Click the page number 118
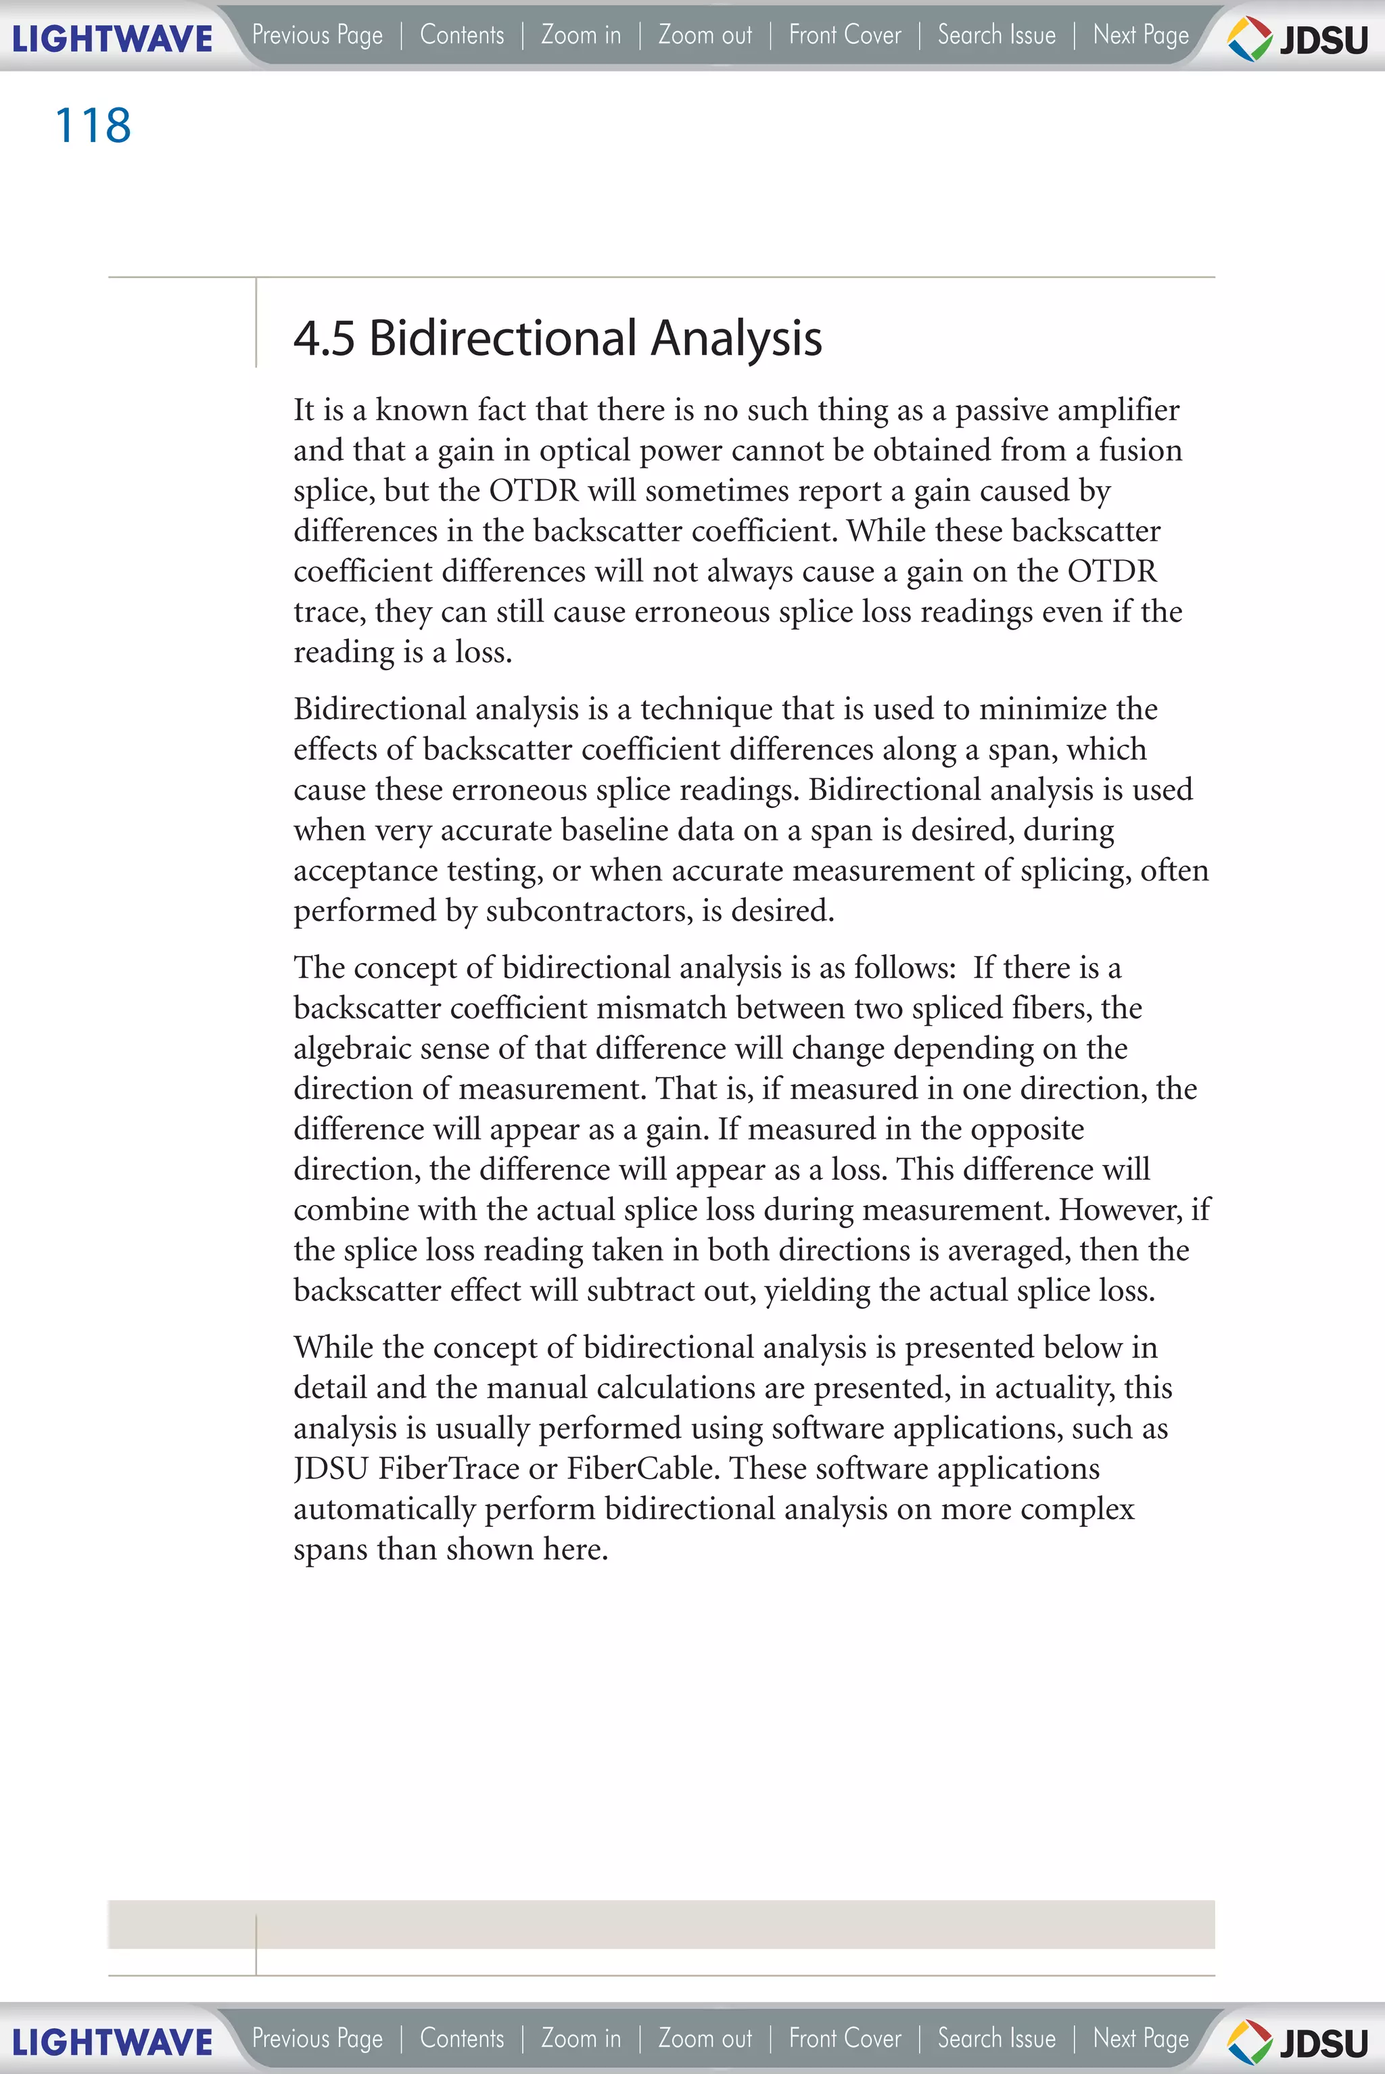pyautogui.click(x=93, y=125)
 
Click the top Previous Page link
pyautogui.click(x=317, y=35)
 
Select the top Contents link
pyautogui.click(x=462, y=35)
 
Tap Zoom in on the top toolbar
pyautogui.click(x=581, y=35)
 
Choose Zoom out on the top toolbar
pyautogui.click(x=705, y=35)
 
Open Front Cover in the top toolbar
pyautogui.click(x=845, y=35)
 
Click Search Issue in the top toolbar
pyautogui.click(x=996, y=35)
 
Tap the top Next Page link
pyautogui.click(x=1140, y=35)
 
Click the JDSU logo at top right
pyautogui.click(x=1298, y=39)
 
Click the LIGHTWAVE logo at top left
pyautogui.click(x=112, y=39)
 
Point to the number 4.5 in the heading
pyautogui.click(x=323, y=338)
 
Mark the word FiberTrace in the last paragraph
pyautogui.click(x=449, y=1469)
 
